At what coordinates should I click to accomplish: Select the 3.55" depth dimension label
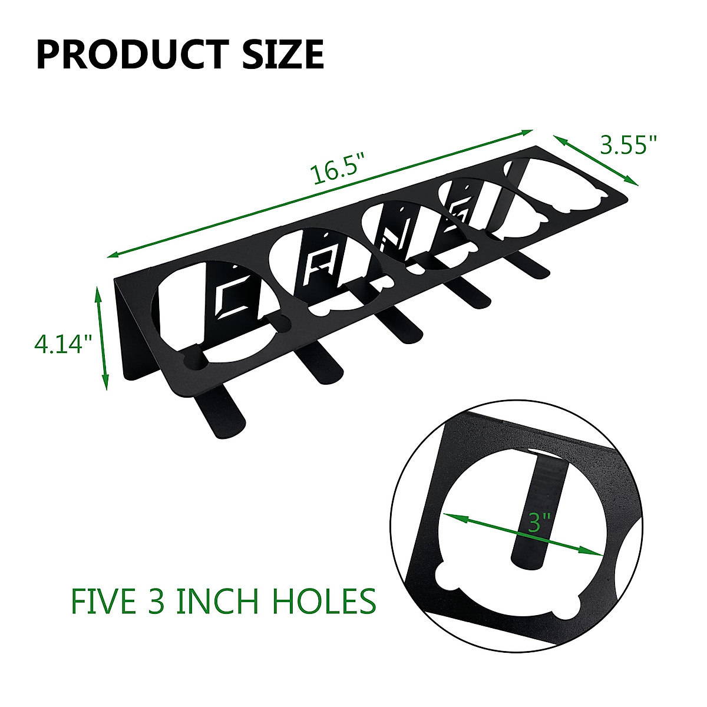[x=629, y=145]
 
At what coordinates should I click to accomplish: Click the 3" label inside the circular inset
[x=538, y=522]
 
